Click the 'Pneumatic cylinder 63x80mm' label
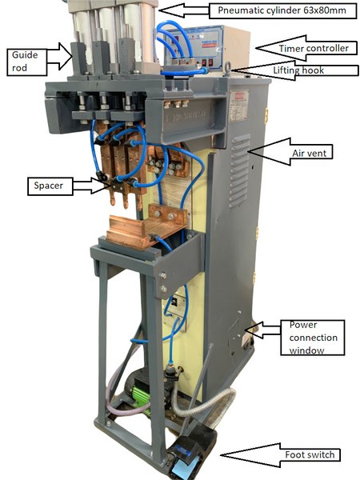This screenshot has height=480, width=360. tap(282, 10)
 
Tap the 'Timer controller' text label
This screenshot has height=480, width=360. tap(314, 48)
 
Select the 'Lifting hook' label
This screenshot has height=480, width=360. tap(298, 70)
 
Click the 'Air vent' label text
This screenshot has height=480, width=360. tap(309, 153)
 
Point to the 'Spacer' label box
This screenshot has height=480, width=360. tap(50, 186)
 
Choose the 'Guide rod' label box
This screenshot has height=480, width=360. tap(26, 62)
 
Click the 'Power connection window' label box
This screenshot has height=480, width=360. tap(313, 338)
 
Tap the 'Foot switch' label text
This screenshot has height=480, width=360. tap(310, 454)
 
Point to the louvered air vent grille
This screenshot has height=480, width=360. tap(239, 170)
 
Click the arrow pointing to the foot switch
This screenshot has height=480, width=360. tap(250, 455)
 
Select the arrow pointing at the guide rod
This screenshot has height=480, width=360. tap(59, 56)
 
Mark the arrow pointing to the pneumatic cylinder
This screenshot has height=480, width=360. tap(184, 11)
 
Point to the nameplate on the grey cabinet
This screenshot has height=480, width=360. tap(239, 106)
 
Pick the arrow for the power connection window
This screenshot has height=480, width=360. tap(262, 330)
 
